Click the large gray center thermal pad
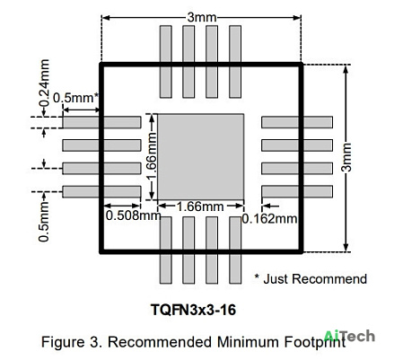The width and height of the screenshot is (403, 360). (200, 157)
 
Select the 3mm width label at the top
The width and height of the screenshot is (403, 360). (202, 17)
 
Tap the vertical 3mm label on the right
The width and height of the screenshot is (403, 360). (346, 157)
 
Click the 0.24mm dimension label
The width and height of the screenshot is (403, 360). (44, 83)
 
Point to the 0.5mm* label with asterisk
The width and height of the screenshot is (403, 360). (76, 98)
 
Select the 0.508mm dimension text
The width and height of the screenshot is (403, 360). (134, 215)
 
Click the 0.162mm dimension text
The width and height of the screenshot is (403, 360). (269, 219)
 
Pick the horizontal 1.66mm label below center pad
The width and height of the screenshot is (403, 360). (200, 206)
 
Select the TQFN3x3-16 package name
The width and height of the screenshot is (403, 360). (194, 310)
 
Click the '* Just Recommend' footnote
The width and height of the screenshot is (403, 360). (311, 279)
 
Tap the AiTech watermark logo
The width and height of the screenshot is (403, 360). (349, 336)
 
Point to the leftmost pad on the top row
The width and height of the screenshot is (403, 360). (166, 62)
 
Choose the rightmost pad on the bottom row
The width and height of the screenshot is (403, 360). (235, 250)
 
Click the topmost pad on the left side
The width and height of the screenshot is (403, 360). (101, 122)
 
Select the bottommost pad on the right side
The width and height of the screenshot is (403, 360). (297, 191)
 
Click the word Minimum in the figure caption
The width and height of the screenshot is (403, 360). (249, 342)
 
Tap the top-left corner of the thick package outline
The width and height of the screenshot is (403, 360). (101, 64)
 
